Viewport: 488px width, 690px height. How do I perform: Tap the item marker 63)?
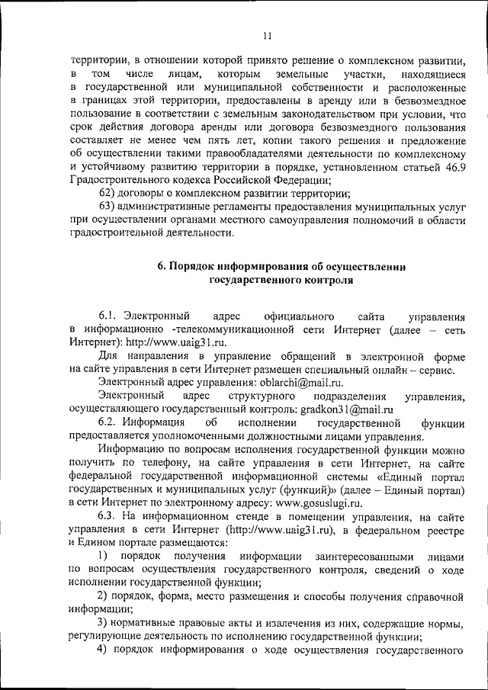(110, 207)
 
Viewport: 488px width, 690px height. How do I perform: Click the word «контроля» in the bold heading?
(323, 280)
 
